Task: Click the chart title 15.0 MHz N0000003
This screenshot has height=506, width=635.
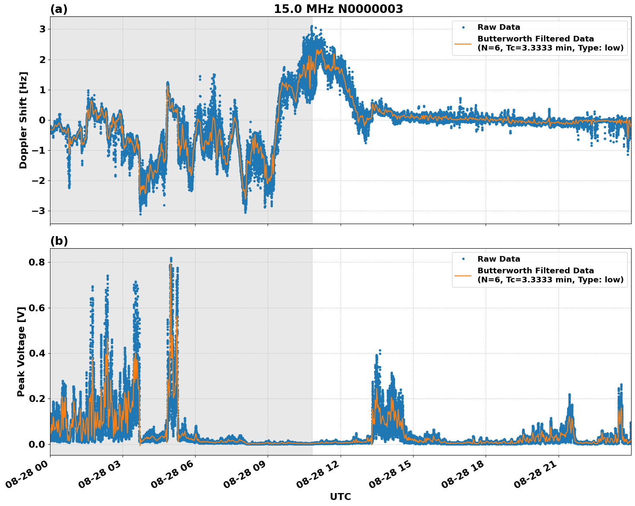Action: tap(338, 9)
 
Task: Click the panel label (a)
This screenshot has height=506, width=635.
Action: tap(59, 9)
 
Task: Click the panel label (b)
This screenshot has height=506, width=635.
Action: tap(59, 241)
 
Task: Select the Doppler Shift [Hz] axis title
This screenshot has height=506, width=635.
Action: tap(23, 120)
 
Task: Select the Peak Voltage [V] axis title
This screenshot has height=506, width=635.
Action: tap(21, 351)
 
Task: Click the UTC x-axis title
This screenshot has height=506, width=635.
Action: tap(340, 497)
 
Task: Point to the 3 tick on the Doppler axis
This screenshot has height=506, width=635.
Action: tap(42, 29)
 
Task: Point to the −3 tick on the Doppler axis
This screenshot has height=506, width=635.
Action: tap(39, 211)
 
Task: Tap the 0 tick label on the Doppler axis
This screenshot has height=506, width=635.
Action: tap(42, 120)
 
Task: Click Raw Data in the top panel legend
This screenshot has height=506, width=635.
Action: tap(499, 28)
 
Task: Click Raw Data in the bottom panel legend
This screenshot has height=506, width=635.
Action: tap(499, 259)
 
